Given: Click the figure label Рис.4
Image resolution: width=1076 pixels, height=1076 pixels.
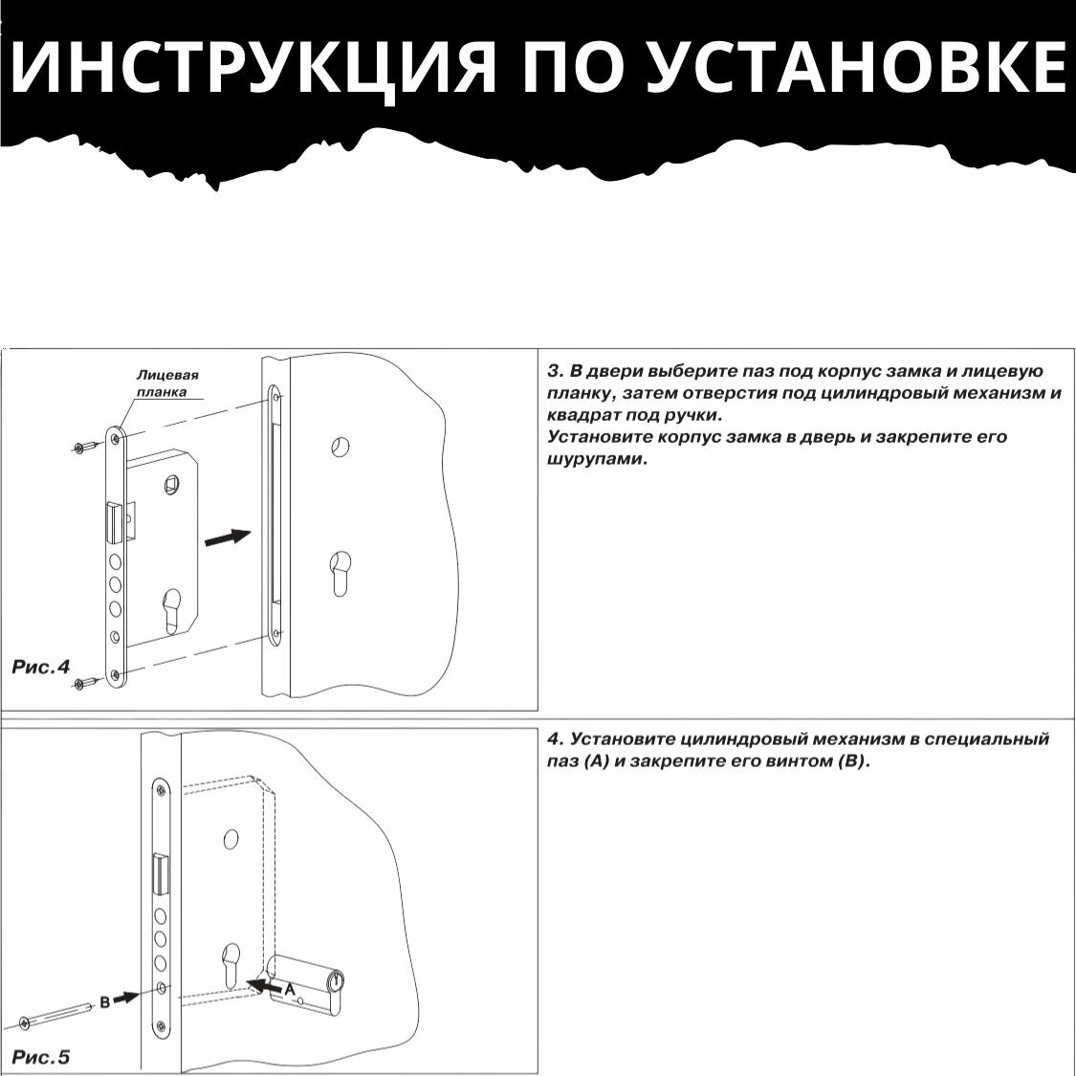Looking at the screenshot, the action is click(41, 667).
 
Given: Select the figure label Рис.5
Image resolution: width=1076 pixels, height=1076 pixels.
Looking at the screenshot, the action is click(41, 1057).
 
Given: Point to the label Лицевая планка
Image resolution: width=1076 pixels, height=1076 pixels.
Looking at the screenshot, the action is click(167, 384).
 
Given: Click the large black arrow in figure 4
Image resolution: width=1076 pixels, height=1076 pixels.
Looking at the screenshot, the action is click(227, 538).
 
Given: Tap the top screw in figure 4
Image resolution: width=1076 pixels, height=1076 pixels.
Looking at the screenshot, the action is click(84, 447).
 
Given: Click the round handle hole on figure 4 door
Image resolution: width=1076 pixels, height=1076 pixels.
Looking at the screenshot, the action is click(340, 446).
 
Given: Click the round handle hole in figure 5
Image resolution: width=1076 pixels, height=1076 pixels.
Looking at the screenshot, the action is click(231, 840).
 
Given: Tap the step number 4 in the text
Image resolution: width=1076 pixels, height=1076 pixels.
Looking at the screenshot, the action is click(552, 739).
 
